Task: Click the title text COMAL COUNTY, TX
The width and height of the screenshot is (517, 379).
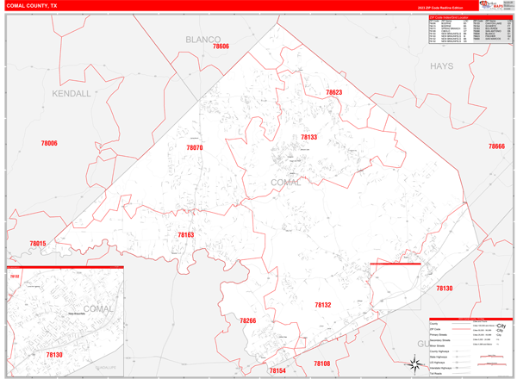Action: pos(34,5)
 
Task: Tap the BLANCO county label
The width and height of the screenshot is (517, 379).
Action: pos(203,40)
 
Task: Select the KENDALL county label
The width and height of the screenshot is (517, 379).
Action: pos(71,93)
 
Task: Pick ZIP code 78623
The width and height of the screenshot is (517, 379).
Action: pos(333,92)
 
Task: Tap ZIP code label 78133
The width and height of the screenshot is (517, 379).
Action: pos(309,137)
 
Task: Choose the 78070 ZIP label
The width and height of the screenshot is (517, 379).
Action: pos(195,147)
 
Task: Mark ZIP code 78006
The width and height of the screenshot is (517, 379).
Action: pos(49,143)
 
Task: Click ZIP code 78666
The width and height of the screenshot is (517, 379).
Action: pos(496,146)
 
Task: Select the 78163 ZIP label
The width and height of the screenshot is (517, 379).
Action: pos(186,234)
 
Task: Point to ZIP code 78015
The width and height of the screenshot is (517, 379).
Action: pos(37,244)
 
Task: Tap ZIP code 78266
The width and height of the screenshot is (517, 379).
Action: pos(248,320)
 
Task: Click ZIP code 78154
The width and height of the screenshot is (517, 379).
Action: pos(277,370)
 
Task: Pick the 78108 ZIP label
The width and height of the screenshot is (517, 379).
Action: pos(321,363)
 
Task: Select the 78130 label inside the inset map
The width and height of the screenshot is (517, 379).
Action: pos(53,355)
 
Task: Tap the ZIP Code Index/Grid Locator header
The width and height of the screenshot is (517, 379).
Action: pos(448,16)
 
